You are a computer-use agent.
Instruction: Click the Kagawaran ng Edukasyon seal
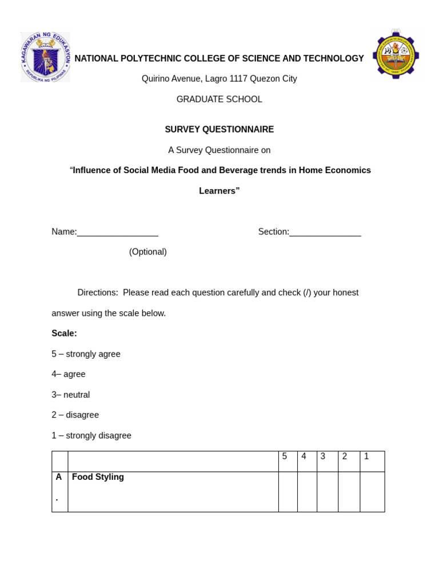click(45, 57)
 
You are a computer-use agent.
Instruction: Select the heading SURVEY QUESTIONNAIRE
click(219, 130)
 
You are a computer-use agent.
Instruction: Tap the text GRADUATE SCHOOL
click(219, 99)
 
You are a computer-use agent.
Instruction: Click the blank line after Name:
click(117, 233)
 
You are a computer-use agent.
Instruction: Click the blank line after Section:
click(325, 233)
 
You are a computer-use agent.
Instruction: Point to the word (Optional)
click(147, 252)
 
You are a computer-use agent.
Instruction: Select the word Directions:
click(98, 293)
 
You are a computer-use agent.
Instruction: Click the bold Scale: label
click(64, 334)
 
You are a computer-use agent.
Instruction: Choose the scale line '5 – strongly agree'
click(86, 354)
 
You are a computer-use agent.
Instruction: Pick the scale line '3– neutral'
click(70, 395)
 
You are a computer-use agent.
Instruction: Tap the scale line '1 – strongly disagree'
click(91, 435)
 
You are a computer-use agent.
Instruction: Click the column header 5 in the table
click(285, 456)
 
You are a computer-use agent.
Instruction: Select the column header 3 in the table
click(323, 456)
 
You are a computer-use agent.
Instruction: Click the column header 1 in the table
click(366, 456)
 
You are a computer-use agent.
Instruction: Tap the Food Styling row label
click(98, 477)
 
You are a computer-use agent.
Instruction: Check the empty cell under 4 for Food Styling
click(307, 491)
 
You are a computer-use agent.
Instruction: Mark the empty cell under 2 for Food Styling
click(349, 491)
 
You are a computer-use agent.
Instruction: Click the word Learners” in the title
click(219, 191)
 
